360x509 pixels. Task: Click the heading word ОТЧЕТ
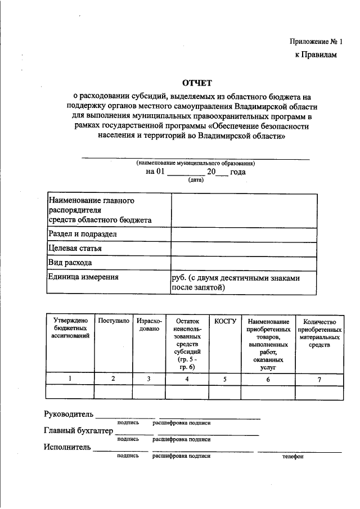click(x=197, y=83)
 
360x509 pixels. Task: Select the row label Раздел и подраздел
click(x=82, y=234)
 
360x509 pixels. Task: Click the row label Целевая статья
click(x=75, y=248)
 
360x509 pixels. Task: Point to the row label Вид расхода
click(x=70, y=262)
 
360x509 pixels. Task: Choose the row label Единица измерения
click(x=83, y=277)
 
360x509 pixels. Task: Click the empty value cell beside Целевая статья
click(x=243, y=248)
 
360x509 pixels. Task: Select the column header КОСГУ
click(x=224, y=320)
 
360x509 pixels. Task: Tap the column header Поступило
click(x=114, y=320)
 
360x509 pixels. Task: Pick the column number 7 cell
click(x=319, y=379)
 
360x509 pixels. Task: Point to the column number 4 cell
click(x=187, y=379)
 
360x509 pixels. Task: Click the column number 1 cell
click(x=70, y=379)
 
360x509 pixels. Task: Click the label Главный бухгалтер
click(x=78, y=431)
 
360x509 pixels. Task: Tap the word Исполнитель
click(x=67, y=448)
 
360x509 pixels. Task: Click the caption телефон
click(x=293, y=456)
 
